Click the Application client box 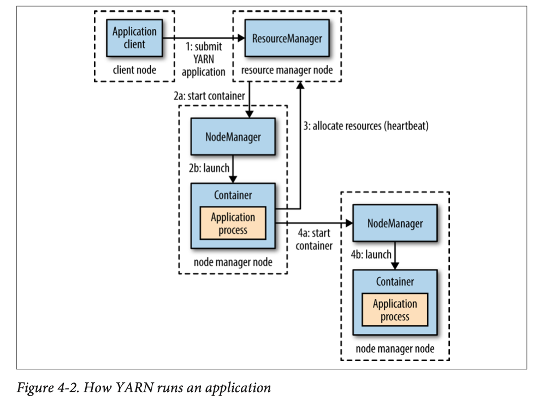(x=134, y=38)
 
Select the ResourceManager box (x=287, y=38)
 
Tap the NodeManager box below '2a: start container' (x=233, y=136)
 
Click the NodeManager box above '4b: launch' (x=395, y=223)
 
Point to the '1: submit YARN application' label (x=203, y=60)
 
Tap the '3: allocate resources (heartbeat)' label (x=366, y=126)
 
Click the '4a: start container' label (x=313, y=239)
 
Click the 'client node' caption (x=134, y=70)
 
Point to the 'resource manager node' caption (x=287, y=70)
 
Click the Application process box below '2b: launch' (x=233, y=223)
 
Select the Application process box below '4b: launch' (x=395, y=310)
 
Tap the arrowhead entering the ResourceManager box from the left (x=240, y=38)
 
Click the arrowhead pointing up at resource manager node (x=300, y=85)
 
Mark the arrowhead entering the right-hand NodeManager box (x=348, y=223)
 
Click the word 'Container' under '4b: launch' (x=395, y=282)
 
